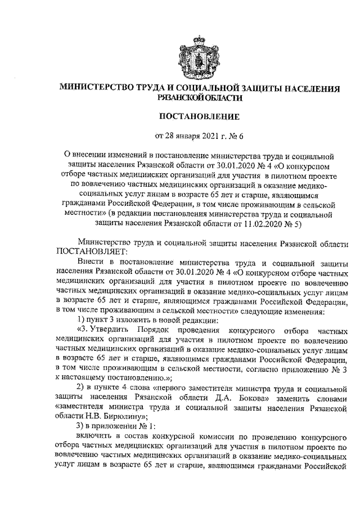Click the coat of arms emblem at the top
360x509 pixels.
tap(201, 54)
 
